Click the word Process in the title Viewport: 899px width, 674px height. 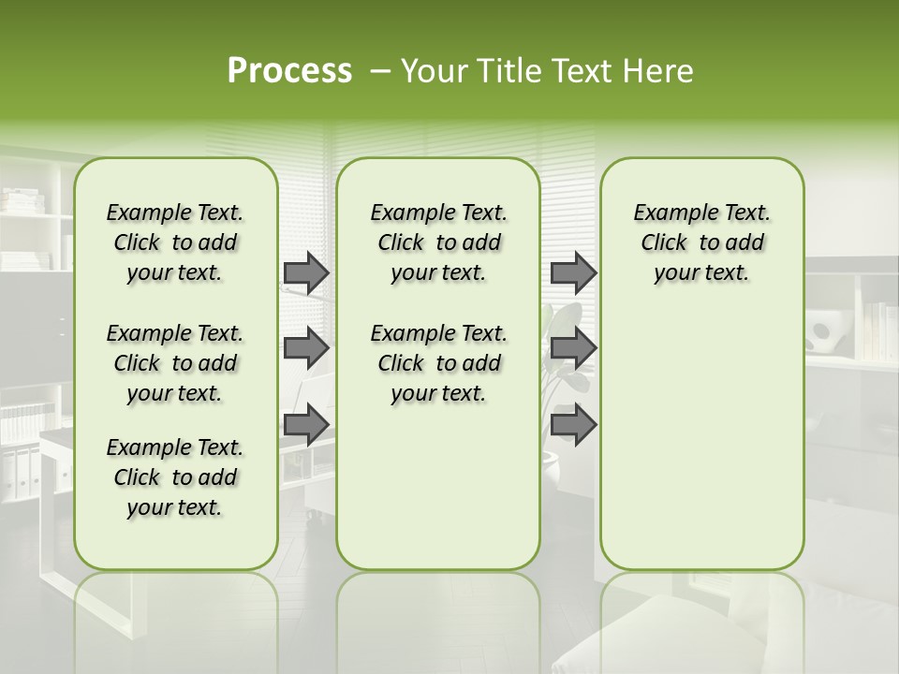pyautogui.click(x=289, y=71)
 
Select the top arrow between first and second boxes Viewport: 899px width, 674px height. pyautogui.click(x=306, y=272)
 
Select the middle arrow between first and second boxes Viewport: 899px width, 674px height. pyautogui.click(x=306, y=348)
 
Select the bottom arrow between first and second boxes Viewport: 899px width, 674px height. pyautogui.click(x=306, y=424)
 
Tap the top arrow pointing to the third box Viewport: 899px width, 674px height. pyautogui.click(x=573, y=272)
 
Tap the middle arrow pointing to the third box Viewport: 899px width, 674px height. pyautogui.click(x=573, y=348)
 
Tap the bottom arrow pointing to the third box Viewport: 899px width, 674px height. pyautogui.click(x=573, y=424)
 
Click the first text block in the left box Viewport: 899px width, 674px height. pyautogui.click(x=175, y=242)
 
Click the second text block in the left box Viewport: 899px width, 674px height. pyautogui.click(x=175, y=363)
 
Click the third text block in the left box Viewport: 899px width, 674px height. pyautogui.click(x=175, y=477)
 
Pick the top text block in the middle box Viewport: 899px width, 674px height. pyautogui.click(x=439, y=242)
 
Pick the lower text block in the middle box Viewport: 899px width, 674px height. pyautogui.click(x=439, y=363)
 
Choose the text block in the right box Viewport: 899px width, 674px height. pyautogui.click(x=702, y=242)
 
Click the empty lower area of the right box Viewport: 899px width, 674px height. pyautogui.click(x=702, y=440)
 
